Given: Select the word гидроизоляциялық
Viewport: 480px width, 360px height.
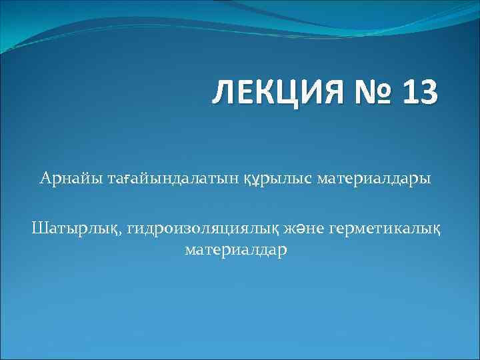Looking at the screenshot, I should pos(200,230).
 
